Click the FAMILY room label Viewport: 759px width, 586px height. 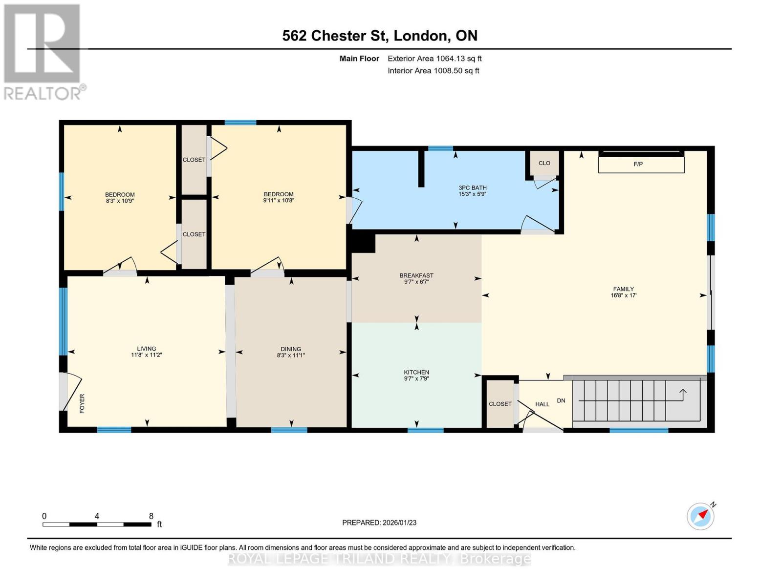[x=623, y=289]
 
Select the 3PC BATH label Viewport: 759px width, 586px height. [x=472, y=188]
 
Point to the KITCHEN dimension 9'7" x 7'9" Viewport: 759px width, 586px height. [x=416, y=378]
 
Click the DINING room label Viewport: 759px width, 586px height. [x=291, y=349]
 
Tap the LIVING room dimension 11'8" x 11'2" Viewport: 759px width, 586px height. [x=146, y=355]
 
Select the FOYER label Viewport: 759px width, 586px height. [x=82, y=403]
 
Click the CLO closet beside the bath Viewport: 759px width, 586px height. [x=544, y=163]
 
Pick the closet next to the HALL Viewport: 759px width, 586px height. [x=500, y=404]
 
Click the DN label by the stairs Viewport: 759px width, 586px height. [x=561, y=400]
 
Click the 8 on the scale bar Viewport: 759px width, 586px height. [x=151, y=516]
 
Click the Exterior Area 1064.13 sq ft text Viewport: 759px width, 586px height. [x=434, y=59]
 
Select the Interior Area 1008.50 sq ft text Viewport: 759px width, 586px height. [x=434, y=71]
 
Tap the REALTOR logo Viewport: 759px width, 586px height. [x=43, y=51]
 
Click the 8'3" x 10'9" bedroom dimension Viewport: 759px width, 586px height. [x=120, y=201]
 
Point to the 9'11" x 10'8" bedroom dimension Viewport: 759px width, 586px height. [x=279, y=201]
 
